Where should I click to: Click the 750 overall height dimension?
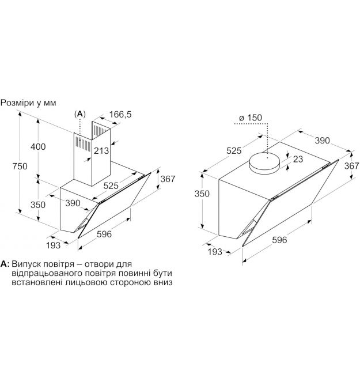coord(20,166)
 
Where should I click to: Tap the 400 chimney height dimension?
coord(38,146)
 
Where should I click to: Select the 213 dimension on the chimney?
coord(101,150)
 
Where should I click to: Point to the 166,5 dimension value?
coord(120,114)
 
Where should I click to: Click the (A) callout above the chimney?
coord(79,113)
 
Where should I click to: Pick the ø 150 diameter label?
coord(251,118)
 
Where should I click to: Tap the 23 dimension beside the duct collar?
coord(298,159)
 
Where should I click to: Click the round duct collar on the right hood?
coord(264,163)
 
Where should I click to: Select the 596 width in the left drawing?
coord(104,234)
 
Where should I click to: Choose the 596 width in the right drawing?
coord(279,240)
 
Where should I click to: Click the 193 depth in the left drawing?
coord(53,245)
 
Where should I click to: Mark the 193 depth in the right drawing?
coord(215,251)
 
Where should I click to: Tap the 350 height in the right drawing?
coord(202,194)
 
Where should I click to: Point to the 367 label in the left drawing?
coord(168,179)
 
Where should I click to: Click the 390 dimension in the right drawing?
coord(323,141)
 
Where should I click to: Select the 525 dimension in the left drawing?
coord(111,186)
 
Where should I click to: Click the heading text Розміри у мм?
coord(28,103)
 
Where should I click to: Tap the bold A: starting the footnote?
coord(5,264)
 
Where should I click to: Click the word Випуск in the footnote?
coord(26,264)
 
